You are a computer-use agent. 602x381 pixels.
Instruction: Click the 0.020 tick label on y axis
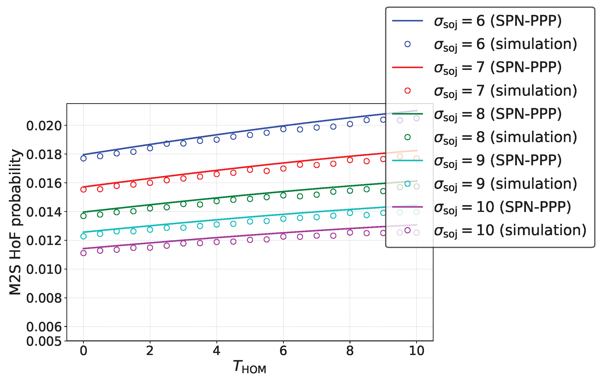point(44,126)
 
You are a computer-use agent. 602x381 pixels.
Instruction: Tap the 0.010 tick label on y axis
point(44,269)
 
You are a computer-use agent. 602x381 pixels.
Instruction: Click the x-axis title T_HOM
point(249,367)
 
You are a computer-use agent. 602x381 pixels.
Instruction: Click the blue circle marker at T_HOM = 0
point(83,158)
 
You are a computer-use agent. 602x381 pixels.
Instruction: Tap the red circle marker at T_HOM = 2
point(150,183)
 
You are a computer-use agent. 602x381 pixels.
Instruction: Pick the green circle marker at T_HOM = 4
point(217,201)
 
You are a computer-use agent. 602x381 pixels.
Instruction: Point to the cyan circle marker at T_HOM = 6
point(283,219)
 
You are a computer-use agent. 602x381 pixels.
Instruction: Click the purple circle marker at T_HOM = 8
point(350,233)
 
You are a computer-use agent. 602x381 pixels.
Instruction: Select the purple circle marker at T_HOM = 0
point(83,253)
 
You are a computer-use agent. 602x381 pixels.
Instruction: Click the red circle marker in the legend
point(407,91)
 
